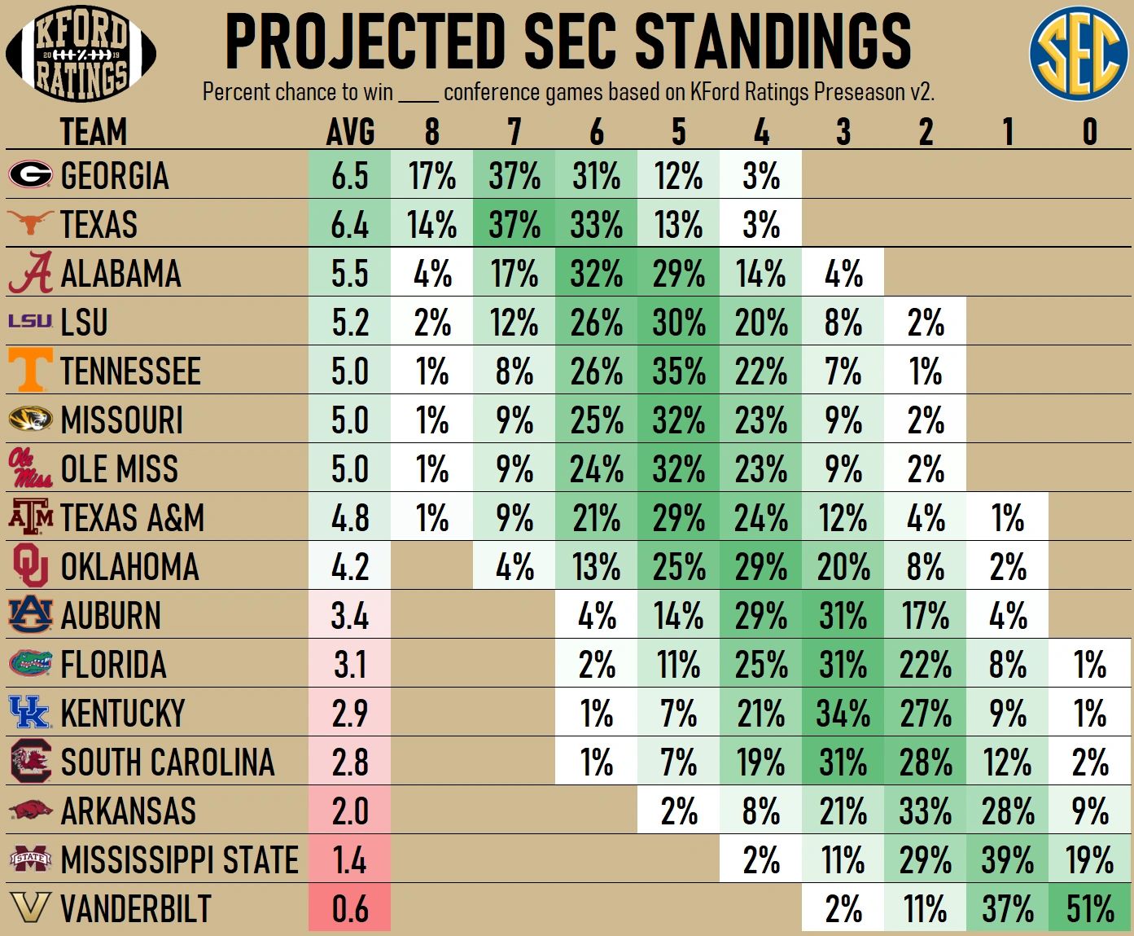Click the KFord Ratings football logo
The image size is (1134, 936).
click(81, 54)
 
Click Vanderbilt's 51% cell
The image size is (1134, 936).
click(1089, 908)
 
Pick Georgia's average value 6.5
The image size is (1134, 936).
click(350, 176)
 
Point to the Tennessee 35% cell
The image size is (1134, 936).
click(679, 371)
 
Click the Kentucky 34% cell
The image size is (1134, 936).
click(843, 714)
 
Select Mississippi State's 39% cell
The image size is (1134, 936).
click(1007, 860)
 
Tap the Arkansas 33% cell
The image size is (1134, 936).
click(925, 811)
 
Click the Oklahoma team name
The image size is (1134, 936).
click(130, 567)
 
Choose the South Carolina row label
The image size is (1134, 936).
click(168, 762)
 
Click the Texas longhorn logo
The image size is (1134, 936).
click(30, 222)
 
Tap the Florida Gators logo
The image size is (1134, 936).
click(30, 663)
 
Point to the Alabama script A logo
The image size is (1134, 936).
click(31, 273)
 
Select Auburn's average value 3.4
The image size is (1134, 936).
click(350, 616)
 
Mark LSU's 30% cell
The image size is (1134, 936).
click(679, 323)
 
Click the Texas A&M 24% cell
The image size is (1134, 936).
click(761, 518)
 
